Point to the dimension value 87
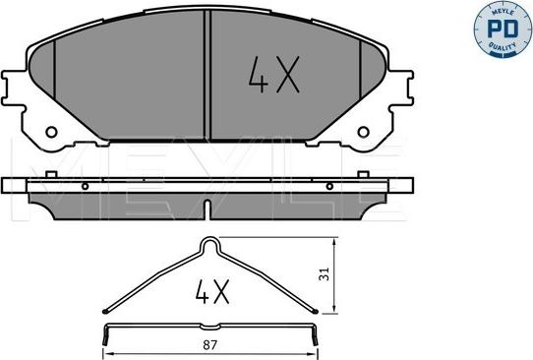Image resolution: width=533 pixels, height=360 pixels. coord(209,344)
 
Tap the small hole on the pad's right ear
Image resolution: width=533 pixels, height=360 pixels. coord(365,131)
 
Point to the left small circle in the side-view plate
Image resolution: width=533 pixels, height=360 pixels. coord(86,186)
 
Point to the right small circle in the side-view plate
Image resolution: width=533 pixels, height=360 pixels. coord(334,186)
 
